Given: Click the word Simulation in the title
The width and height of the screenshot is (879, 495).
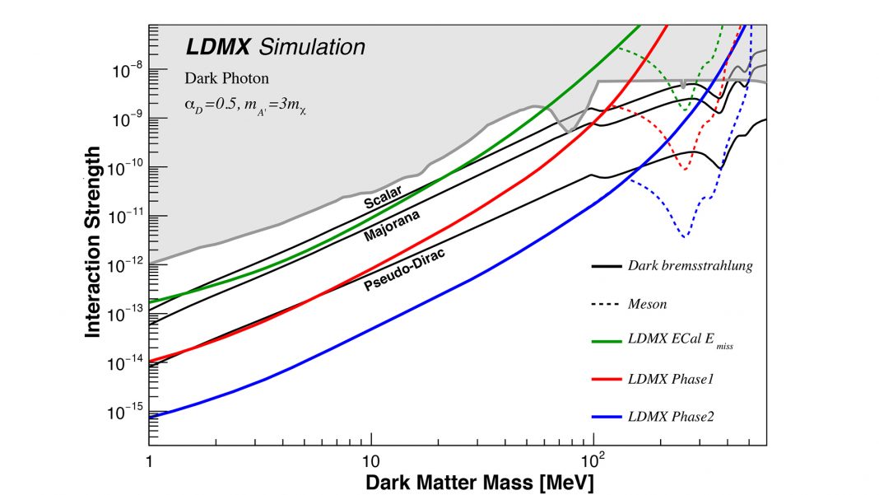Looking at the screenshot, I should tap(312, 48).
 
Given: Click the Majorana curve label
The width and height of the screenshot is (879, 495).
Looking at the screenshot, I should tap(393, 225).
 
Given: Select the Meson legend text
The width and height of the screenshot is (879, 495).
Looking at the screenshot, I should tap(647, 304).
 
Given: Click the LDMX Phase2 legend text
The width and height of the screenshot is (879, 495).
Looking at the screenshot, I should tap(670, 418).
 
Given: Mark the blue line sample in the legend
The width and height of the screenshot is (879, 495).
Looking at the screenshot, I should tap(605, 418).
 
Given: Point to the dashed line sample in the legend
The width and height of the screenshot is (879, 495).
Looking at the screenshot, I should tap(605, 304).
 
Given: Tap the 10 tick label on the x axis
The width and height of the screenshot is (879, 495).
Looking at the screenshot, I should tap(370, 457).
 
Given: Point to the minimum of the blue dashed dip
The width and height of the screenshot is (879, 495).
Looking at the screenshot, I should tap(684, 237).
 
